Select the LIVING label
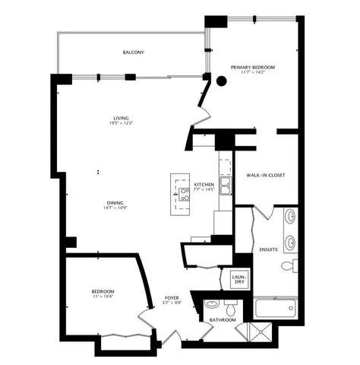(121, 118)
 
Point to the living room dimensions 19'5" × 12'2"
(121, 124)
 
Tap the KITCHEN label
(204, 185)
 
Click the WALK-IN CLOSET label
(265, 176)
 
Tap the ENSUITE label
(269, 249)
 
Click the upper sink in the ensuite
(290, 219)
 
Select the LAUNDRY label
(238, 279)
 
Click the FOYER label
(172, 297)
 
